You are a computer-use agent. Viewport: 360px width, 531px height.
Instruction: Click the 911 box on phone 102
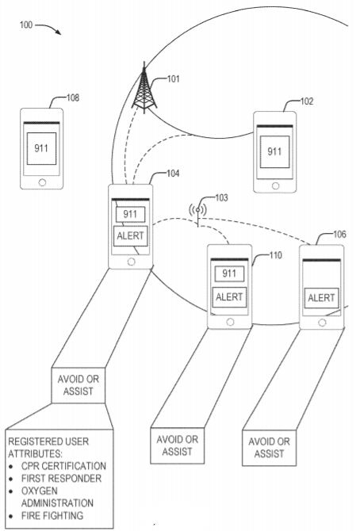[274, 152]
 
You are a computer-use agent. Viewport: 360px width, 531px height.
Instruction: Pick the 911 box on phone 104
[130, 214]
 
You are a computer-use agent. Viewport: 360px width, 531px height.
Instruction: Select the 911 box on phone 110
[229, 274]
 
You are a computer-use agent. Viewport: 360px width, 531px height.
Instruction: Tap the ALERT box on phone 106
[321, 297]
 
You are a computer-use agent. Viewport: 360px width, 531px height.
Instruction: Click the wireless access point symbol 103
[198, 210]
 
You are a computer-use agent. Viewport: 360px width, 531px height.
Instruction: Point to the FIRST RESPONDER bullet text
[56, 478]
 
